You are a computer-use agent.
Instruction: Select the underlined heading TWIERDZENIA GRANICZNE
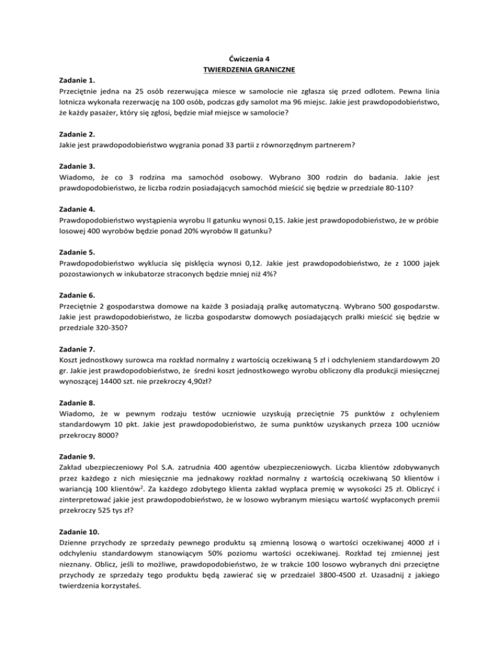[249, 69]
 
